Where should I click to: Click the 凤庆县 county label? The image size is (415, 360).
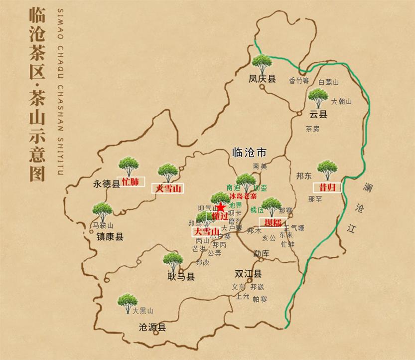click(x=262, y=79)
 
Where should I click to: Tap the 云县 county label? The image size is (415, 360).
click(x=318, y=114)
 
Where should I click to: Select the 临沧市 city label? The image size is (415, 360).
click(x=250, y=153)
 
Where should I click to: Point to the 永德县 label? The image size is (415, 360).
click(x=106, y=184)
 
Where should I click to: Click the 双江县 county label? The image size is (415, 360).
click(x=248, y=274)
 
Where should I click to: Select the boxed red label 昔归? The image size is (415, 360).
click(x=326, y=187)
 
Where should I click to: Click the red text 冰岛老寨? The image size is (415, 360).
click(x=242, y=197)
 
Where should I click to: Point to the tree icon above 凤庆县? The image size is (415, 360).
click(x=262, y=62)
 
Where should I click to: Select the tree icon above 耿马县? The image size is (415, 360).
click(x=173, y=260)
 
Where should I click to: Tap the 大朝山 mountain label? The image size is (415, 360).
click(x=341, y=102)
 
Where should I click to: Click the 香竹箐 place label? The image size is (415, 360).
click(x=299, y=80)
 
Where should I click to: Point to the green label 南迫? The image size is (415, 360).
click(x=233, y=187)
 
